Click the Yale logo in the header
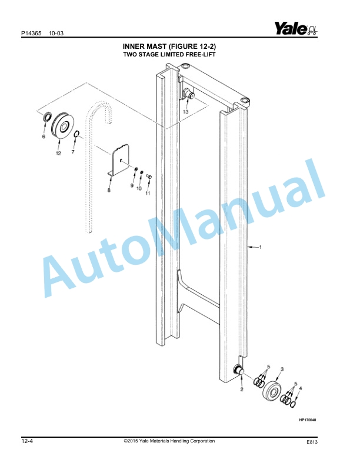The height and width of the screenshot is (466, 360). point(295,28)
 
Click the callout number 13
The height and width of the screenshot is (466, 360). point(186,112)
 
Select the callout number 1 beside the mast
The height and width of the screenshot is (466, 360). point(261,247)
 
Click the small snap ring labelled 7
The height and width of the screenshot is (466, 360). point(76,134)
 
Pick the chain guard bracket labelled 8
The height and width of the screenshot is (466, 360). point(118,161)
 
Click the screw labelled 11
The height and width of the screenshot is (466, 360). point(149,177)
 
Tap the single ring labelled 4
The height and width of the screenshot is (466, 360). point(293,404)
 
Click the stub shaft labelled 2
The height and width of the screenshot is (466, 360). point(239,370)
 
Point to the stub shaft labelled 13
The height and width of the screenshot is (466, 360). point(189,94)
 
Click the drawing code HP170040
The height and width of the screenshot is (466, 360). point(308,420)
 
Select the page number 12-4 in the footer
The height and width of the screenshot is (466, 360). point(27,441)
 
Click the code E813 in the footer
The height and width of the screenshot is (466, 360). point(312,442)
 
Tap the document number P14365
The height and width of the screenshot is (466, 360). point(31,34)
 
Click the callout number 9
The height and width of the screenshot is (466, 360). point(132,185)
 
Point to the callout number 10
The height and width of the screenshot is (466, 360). point(139,188)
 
